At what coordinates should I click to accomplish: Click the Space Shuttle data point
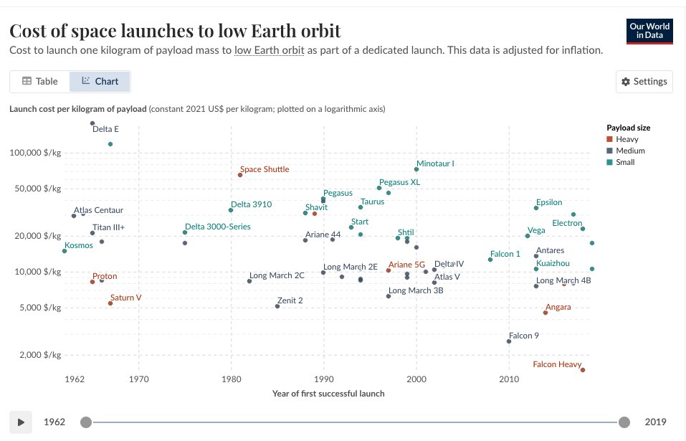pos(240,175)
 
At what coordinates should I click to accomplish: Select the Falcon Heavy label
pos(557,364)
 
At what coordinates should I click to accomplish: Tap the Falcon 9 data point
pos(509,341)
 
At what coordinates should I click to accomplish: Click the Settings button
pos(644,82)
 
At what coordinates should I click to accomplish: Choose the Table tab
pos(39,81)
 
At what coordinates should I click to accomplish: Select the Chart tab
pos(100,81)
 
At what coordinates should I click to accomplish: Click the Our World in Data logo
pos(649,30)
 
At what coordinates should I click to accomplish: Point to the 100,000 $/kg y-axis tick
pos(35,153)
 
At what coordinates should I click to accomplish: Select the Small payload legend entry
pos(625,162)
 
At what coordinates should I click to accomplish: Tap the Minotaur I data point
pos(416,169)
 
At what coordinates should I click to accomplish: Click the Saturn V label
pos(125,297)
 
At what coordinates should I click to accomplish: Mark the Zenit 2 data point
pos(277,306)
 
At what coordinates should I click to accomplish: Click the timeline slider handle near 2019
pos(624,422)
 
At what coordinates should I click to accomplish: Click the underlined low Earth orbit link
pos(270,50)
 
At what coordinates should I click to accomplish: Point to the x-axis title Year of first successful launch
pos(328,393)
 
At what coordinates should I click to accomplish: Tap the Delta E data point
pos(92,123)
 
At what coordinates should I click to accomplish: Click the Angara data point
pos(546,313)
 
